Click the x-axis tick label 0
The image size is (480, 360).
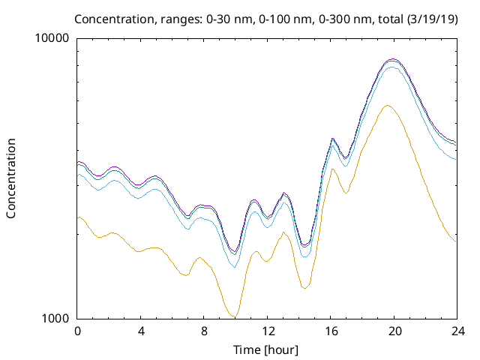[x=77, y=331]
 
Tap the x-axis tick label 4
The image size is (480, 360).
[x=140, y=331]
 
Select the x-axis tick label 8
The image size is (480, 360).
[x=204, y=331]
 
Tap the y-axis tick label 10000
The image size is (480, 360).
[x=53, y=38]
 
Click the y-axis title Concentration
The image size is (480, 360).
[x=11, y=178]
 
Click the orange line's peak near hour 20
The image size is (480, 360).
[x=387, y=106]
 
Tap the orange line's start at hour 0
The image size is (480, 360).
[x=78, y=217]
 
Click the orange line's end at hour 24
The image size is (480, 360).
[x=456, y=241]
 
